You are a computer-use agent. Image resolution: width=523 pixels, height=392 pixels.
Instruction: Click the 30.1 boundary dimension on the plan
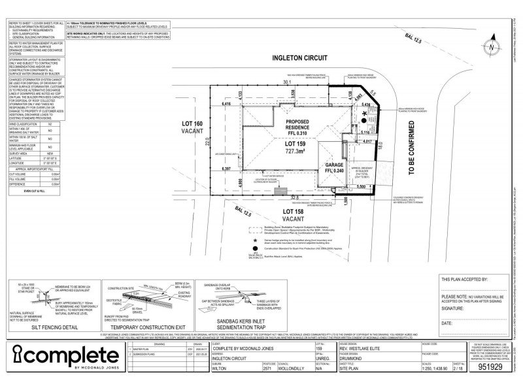pyautogui.click(x=286, y=83)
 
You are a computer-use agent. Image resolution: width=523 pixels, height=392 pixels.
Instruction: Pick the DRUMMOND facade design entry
pyautogui.click(x=354, y=358)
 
